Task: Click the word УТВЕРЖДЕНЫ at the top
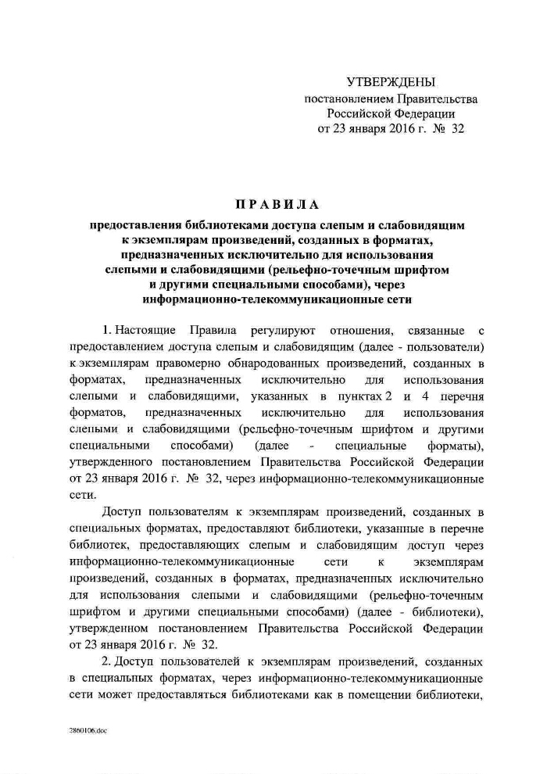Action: (x=390, y=82)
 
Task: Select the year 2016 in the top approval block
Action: (x=390, y=129)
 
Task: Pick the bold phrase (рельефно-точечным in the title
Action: (x=326, y=269)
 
